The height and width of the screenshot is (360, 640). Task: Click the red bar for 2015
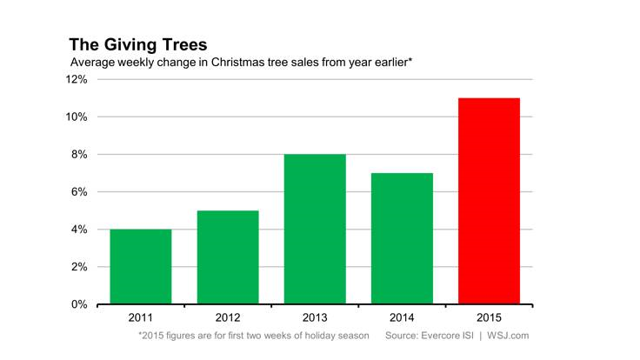pos(489,201)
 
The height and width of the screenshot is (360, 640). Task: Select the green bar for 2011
pos(141,266)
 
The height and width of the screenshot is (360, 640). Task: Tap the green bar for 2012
pos(228,257)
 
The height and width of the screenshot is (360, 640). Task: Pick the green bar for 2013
pos(315,230)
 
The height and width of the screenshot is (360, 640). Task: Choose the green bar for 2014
pos(402,238)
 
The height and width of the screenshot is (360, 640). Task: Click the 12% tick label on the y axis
pos(76,80)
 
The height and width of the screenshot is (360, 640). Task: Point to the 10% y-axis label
pos(76,117)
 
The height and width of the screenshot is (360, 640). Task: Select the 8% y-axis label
pos(78,155)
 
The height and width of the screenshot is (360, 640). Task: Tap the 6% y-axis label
pos(78,192)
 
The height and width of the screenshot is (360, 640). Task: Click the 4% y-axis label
pos(78,230)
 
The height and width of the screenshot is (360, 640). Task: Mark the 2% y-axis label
pos(78,267)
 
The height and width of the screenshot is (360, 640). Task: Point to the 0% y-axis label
pos(78,304)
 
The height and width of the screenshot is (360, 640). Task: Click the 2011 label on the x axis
pos(141,317)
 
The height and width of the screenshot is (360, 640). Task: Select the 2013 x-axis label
pos(315,317)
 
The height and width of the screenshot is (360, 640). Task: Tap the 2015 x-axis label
pos(489,317)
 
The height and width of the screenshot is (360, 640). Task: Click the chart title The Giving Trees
pos(137,43)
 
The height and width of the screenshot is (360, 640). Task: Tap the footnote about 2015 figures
pos(254,336)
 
